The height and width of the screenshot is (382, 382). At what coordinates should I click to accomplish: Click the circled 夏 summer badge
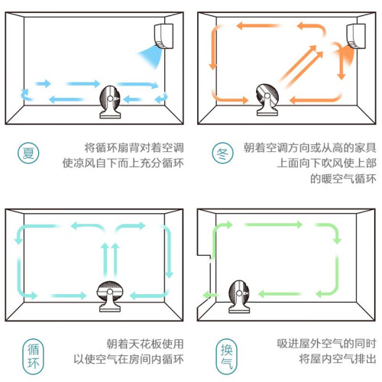(28, 153)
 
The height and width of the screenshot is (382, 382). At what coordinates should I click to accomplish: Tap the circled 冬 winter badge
(222, 153)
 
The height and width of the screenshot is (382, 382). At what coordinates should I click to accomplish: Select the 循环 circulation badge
(33, 357)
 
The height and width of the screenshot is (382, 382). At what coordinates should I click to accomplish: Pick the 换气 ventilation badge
(226, 357)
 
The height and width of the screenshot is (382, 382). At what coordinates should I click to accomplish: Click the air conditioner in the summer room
(164, 36)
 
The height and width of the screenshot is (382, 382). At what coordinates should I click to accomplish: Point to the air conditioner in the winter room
(356, 36)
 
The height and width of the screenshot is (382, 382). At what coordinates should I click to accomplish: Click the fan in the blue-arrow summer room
(110, 102)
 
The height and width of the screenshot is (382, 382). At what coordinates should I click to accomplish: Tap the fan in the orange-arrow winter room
(267, 99)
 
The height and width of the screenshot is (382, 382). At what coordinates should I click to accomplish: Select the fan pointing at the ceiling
(110, 296)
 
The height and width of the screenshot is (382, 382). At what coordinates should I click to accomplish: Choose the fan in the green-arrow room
(239, 296)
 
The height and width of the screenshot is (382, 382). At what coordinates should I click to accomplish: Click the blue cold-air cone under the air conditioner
(151, 57)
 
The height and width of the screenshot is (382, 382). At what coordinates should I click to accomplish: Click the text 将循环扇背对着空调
(134, 147)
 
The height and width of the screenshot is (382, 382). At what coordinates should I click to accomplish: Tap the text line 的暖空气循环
(343, 179)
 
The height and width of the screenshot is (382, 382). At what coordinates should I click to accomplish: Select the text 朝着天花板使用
(145, 344)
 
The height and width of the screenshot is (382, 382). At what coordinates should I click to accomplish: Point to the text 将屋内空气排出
(338, 359)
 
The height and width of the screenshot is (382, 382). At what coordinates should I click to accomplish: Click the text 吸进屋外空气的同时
(326, 344)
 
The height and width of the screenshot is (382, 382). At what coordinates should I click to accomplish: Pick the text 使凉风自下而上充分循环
(123, 163)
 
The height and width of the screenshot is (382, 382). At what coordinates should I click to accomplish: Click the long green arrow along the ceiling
(274, 225)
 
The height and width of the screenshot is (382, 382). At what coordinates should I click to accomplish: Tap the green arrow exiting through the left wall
(211, 296)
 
